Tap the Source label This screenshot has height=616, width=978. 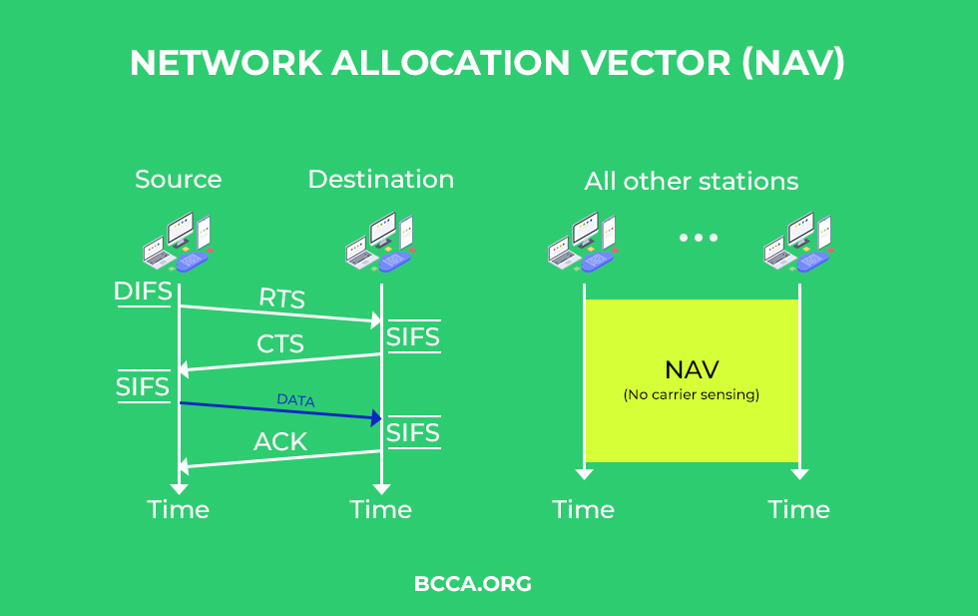[x=179, y=179]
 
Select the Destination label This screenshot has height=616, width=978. [x=381, y=179]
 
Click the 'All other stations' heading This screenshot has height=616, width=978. [x=691, y=182]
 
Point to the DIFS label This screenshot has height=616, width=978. [x=143, y=291]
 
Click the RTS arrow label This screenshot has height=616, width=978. [x=281, y=299]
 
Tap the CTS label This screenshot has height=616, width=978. [x=280, y=343]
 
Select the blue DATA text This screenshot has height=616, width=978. [x=295, y=400]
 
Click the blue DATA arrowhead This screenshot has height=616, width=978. [x=376, y=418]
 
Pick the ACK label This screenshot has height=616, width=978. [x=280, y=442]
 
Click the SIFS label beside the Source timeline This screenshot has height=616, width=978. [x=143, y=387]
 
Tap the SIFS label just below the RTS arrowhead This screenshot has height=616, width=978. [x=413, y=337]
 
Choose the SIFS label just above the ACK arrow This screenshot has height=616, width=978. [x=413, y=432]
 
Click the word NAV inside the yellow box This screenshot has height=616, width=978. [x=692, y=370]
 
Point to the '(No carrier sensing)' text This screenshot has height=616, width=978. [x=691, y=394]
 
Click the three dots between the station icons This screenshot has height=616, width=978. [x=699, y=238]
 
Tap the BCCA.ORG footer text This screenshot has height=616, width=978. [x=473, y=584]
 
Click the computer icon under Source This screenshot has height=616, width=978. [x=178, y=243]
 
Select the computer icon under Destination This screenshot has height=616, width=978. [x=380, y=243]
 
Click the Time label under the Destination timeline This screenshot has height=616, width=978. [x=381, y=510]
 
